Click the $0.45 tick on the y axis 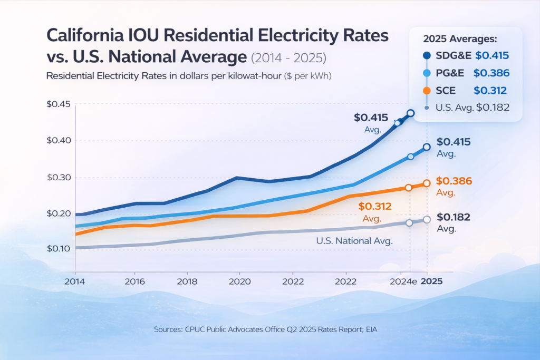[58, 104]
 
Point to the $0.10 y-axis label [58, 248]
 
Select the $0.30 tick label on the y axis [58, 177]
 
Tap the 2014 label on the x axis [75, 281]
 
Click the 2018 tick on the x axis [187, 281]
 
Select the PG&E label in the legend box [452, 73]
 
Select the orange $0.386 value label [453, 181]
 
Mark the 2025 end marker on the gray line [427, 219]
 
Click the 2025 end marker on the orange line [427, 183]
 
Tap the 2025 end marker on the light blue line [427, 147]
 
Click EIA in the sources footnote [371, 329]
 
